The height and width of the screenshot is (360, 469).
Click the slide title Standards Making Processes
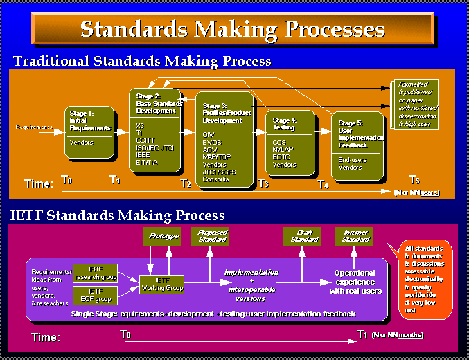(232, 28)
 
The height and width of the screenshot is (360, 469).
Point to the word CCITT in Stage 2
(147, 140)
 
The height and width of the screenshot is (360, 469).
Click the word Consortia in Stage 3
(216, 179)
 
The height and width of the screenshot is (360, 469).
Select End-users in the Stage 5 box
(353, 160)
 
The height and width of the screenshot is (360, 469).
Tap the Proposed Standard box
(212, 236)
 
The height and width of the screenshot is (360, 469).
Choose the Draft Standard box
(302, 236)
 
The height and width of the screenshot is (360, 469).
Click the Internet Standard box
(354, 236)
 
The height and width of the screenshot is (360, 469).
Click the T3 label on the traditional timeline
(263, 183)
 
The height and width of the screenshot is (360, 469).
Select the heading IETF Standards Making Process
(118, 216)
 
